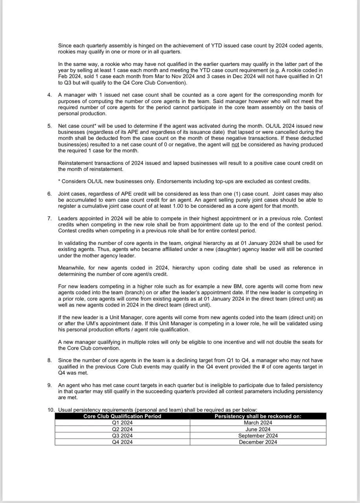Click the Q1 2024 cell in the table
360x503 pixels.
pyautogui.click(x=122, y=423)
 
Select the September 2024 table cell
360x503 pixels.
pyautogui.click(x=258, y=436)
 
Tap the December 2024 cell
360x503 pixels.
pyautogui.click(x=258, y=442)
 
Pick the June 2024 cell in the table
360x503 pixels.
pyautogui.click(x=258, y=430)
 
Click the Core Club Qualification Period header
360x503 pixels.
pyautogui.click(x=122, y=416)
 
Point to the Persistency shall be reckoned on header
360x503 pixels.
pyautogui.click(x=258, y=416)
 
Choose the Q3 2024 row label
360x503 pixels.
pyautogui.click(x=122, y=436)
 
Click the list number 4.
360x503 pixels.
pyautogui.click(x=50, y=95)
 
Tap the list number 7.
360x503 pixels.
pyautogui.click(x=50, y=218)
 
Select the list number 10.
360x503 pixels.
pyautogui.click(x=51, y=410)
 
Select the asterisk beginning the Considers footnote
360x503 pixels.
pyautogui.click(x=59, y=182)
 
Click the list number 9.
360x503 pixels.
pyautogui.click(x=50, y=385)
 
